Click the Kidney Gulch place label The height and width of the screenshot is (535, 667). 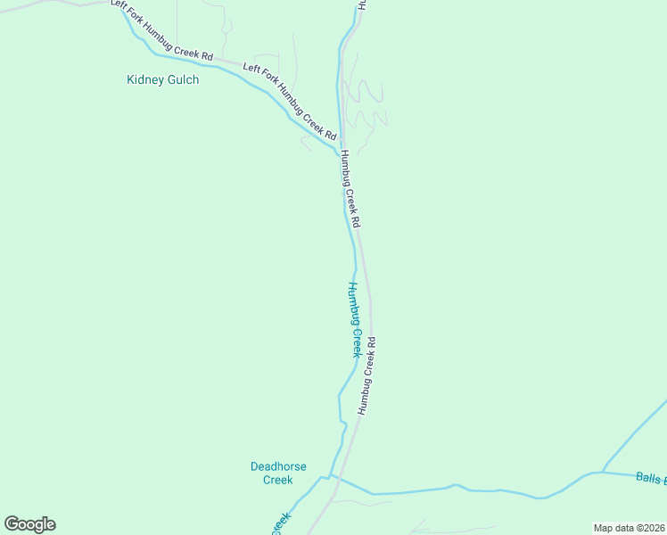[x=162, y=79]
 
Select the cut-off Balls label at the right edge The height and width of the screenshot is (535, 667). [x=651, y=478]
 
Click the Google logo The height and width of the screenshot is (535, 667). [x=29, y=524]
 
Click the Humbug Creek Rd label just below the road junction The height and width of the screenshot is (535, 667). [x=350, y=188]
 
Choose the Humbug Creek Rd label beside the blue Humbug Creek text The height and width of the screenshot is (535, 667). [x=367, y=374]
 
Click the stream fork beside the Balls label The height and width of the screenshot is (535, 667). [x=603, y=472]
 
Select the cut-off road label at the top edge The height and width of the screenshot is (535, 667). [x=362, y=4]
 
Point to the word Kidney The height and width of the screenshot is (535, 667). [x=144, y=79]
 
